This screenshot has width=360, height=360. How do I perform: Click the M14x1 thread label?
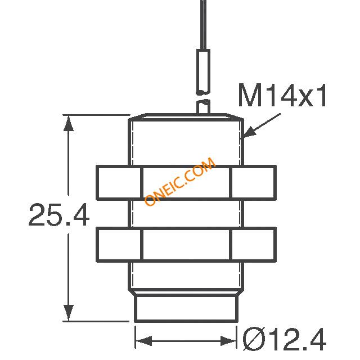coord(282,97)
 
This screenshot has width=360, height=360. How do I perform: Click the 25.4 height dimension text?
coord(59,215)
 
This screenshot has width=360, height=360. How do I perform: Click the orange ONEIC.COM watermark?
coord(180,182)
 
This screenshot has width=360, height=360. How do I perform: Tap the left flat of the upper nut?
coord(119,183)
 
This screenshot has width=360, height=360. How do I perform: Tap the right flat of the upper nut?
coord(253,183)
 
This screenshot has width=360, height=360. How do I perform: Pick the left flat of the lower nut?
coord(119,245)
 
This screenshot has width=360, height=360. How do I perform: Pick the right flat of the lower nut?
coord(253,245)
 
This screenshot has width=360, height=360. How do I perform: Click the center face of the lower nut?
coord(186,245)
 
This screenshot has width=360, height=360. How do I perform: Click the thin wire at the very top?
coord(202,22)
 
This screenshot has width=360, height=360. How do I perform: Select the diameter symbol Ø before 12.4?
coord(251,340)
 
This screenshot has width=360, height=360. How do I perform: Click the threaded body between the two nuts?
coord(186,214)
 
